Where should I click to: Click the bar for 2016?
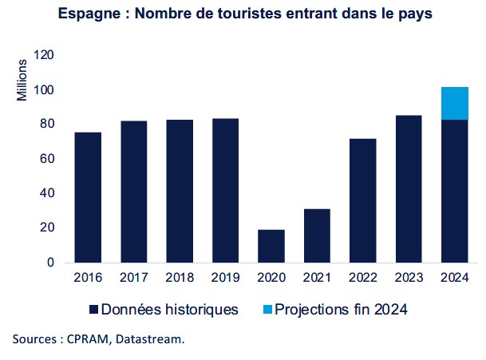[88, 197]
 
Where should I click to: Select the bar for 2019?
[225, 190]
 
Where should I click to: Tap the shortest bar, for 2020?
[271, 246]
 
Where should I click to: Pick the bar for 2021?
[317, 235]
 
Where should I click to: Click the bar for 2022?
[362, 200]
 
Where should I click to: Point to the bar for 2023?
[409, 188]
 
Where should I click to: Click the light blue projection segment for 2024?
[454, 103]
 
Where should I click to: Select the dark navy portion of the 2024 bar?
[454, 191]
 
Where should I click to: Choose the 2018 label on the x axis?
[180, 278]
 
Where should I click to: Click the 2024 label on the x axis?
[454, 278]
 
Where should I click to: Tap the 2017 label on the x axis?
[133, 278]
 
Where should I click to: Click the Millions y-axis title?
[22, 80]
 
